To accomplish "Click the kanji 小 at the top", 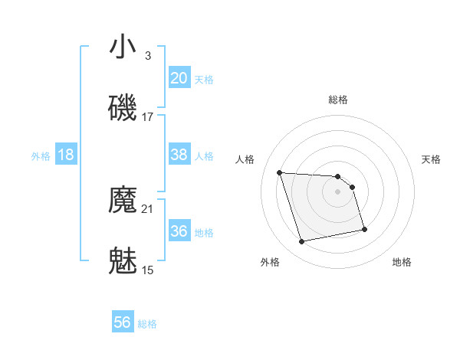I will click(x=123, y=47).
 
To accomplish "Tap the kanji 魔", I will click(x=123, y=201).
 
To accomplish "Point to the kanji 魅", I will click(x=123, y=262).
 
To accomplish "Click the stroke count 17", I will click(x=148, y=117).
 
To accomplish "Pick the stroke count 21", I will click(x=148, y=208).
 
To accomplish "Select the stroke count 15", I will click(x=148, y=270).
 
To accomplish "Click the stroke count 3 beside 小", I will click(x=148, y=55).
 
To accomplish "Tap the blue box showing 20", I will click(x=179, y=77).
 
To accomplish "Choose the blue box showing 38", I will click(x=179, y=155).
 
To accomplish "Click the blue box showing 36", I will click(x=179, y=231).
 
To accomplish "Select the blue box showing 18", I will click(x=66, y=155).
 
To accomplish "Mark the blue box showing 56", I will click(x=123, y=322).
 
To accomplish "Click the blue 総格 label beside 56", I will click(x=147, y=324).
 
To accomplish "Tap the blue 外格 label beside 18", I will click(x=41, y=156).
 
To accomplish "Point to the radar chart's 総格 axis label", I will click(x=338, y=100).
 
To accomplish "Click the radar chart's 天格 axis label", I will click(x=432, y=159).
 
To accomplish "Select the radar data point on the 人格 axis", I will click(x=280, y=172).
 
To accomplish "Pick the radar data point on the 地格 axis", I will click(x=364, y=229).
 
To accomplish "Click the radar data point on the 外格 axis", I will click(x=302, y=242).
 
